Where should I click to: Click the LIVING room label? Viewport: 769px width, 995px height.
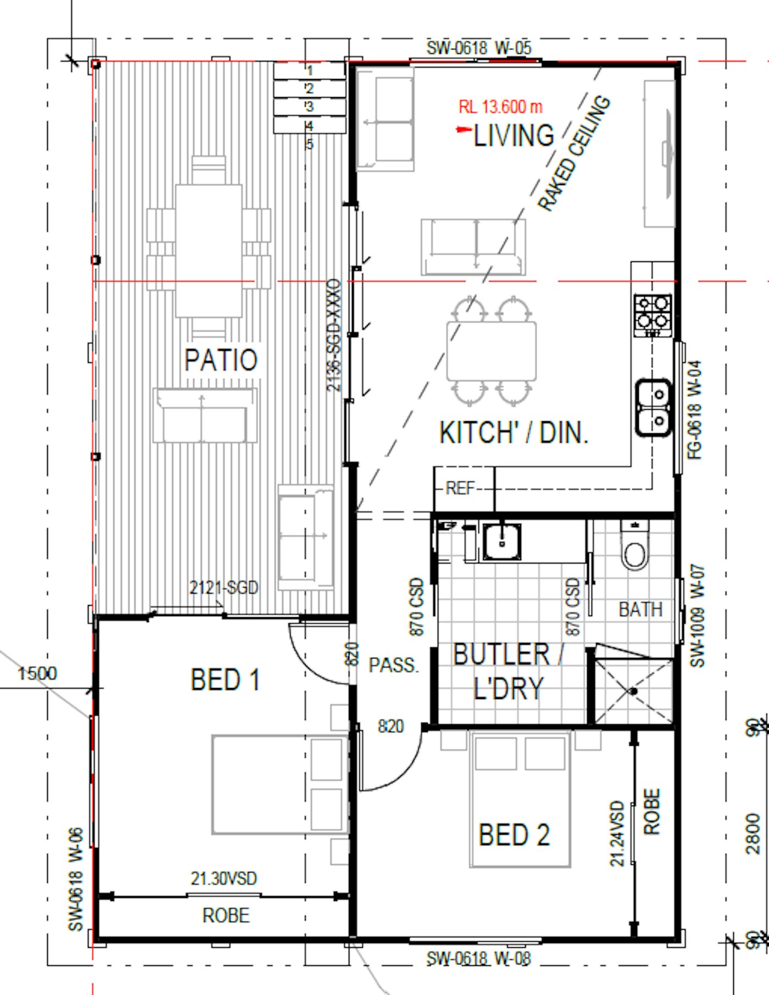(x=514, y=135)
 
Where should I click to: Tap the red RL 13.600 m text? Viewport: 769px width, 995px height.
(x=500, y=106)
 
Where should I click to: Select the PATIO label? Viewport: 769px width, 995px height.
(x=221, y=360)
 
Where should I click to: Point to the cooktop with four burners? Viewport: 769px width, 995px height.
(x=653, y=315)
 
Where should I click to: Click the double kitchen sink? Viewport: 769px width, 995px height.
(x=654, y=407)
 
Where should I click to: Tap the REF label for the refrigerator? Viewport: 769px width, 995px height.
(x=460, y=488)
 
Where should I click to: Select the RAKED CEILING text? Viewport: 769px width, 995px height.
(x=574, y=153)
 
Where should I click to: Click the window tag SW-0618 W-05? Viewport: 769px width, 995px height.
(x=479, y=48)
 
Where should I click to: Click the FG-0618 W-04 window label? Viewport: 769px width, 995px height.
(x=695, y=410)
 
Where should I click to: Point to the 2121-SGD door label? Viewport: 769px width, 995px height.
(x=224, y=588)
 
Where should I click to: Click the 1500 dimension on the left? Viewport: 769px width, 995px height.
(x=37, y=673)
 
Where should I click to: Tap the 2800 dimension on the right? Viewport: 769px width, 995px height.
(x=753, y=834)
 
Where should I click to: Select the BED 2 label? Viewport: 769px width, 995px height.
(x=514, y=835)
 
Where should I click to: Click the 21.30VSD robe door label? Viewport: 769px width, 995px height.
(x=224, y=879)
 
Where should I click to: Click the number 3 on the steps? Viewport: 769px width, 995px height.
(x=310, y=106)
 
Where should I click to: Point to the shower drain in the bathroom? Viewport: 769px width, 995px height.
(x=633, y=691)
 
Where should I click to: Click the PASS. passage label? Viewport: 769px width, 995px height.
(x=393, y=666)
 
